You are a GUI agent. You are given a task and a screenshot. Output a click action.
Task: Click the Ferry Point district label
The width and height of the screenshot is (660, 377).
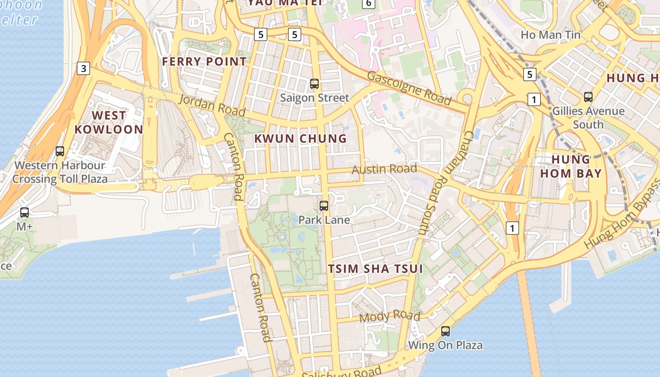(204, 61)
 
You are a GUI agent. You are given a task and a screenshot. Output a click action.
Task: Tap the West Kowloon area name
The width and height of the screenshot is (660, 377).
(108, 122)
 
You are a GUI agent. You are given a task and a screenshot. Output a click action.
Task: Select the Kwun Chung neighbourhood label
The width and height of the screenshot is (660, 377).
(300, 139)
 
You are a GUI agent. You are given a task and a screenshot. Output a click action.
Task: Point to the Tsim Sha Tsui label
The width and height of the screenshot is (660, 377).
(375, 269)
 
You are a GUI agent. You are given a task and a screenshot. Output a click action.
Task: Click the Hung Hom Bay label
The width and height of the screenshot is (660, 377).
(571, 166)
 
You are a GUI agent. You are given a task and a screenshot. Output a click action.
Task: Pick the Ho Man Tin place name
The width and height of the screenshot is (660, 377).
(550, 35)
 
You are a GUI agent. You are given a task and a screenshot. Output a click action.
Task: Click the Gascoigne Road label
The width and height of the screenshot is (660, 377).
(408, 88)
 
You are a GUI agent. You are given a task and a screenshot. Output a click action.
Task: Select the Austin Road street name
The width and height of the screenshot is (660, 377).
(385, 169)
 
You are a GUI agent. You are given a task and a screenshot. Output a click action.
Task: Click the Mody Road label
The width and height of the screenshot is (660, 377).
(389, 316)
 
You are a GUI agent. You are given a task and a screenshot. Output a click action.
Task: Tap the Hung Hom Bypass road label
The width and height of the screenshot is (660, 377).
(622, 215)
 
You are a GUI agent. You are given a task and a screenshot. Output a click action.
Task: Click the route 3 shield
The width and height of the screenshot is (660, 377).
(83, 69)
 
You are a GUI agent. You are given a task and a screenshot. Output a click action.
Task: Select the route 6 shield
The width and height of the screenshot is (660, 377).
(369, 4)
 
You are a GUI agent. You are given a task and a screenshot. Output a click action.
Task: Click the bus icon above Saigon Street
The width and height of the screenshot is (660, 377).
(314, 84)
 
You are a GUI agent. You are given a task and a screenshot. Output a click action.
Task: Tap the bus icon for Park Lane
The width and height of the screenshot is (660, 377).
(324, 206)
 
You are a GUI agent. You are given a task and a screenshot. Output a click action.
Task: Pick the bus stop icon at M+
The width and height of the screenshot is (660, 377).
(25, 213)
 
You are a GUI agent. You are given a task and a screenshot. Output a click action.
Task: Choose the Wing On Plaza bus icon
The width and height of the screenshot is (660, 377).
(445, 331)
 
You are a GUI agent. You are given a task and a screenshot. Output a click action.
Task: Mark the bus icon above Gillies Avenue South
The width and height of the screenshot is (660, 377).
(588, 97)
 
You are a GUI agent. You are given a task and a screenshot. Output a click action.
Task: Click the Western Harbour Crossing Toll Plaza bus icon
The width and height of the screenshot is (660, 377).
(60, 151)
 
